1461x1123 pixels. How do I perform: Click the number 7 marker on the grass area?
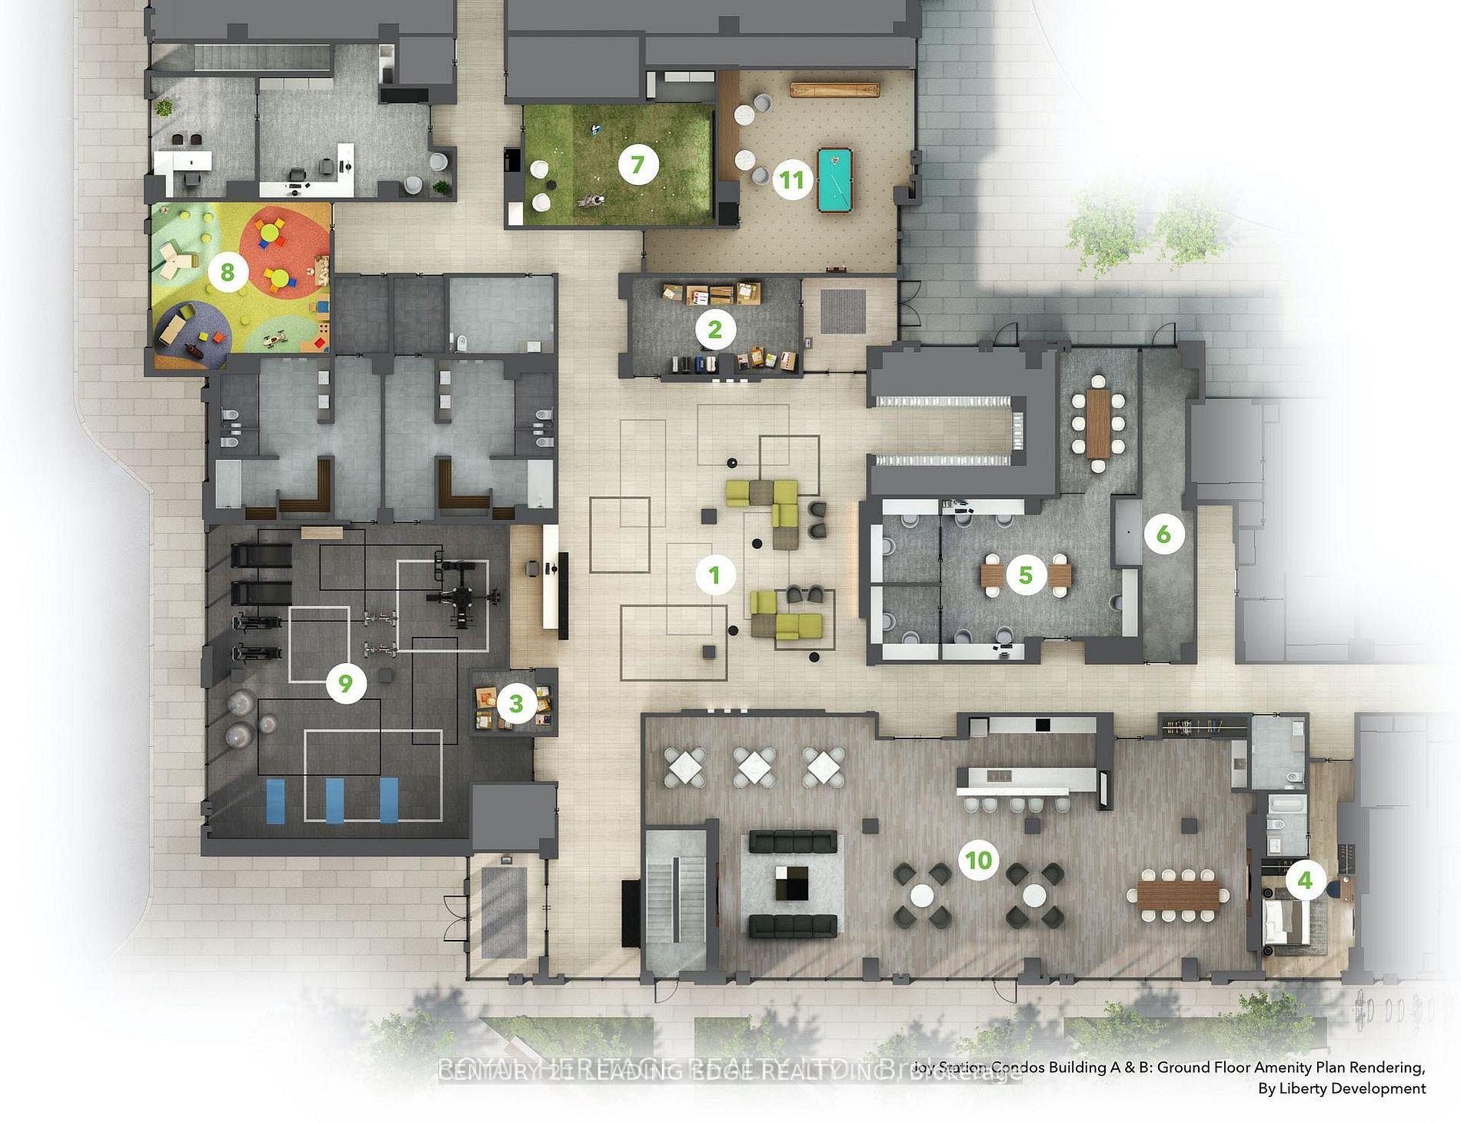(637, 165)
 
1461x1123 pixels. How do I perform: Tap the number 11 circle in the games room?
(792, 180)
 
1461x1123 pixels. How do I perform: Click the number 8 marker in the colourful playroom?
(227, 272)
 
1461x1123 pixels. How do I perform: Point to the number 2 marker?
(715, 329)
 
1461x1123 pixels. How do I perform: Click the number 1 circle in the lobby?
(715, 575)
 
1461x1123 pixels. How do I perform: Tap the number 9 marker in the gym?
(345, 683)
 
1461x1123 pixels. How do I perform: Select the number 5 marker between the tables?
(1025, 575)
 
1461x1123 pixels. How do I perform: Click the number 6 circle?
(1163, 534)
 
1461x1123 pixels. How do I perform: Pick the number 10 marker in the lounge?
(979, 859)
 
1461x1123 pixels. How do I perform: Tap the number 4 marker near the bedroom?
(1305, 878)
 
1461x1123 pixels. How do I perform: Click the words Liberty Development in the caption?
(1342, 1088)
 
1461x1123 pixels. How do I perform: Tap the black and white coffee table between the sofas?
(792, 883)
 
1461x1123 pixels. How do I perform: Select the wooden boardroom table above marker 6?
(1098, 422)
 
